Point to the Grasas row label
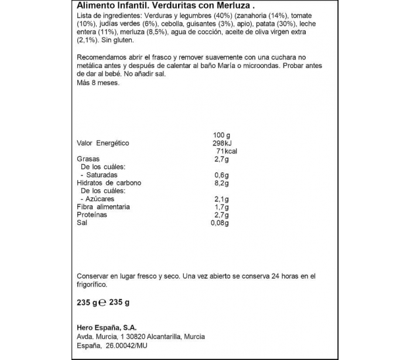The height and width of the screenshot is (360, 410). click(88, 159)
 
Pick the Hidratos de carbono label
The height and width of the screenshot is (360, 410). click(109, 183)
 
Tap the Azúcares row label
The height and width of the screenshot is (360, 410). click(98, 199)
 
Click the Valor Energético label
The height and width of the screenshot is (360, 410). click(102, 143)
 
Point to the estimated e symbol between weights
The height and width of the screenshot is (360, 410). click(102, 303)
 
